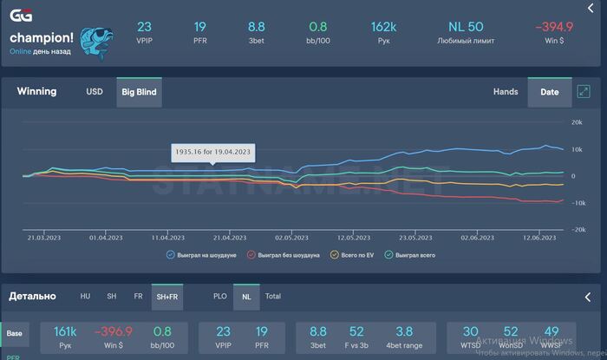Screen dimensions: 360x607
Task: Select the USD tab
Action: (x=95, y=91)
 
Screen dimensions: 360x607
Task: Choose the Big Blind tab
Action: (x=139, y=91)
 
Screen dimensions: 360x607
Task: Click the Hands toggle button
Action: (x=506, y=91)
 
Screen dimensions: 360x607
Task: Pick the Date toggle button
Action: (x=550, y=91)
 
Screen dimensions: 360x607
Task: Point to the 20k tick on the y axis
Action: (x=576, y=122)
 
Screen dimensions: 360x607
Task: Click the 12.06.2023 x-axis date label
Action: (x=538, y=237)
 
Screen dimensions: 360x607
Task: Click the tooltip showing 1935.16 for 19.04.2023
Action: (x=212, y=152)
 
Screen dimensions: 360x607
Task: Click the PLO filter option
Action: (x=220, y=296)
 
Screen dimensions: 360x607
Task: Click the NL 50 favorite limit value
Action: (x=466, y=27)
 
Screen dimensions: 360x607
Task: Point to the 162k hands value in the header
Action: (x=382, y=27)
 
